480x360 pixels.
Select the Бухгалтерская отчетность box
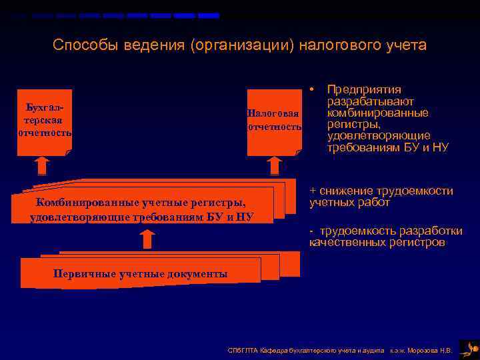[x=45, y=121]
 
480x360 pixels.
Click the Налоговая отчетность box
[x=274, y=121]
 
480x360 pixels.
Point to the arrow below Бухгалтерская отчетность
[x=42, y=165]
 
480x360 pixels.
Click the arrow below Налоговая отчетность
[x=274, y=165]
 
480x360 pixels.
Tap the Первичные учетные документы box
[x=140, y=273]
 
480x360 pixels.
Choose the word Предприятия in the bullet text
[x=364, y=90]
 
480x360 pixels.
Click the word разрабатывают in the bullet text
[x=371, y=102]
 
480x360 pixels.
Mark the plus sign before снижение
[x=313, y=191]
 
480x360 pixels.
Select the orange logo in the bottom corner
[x=470, y=347]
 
